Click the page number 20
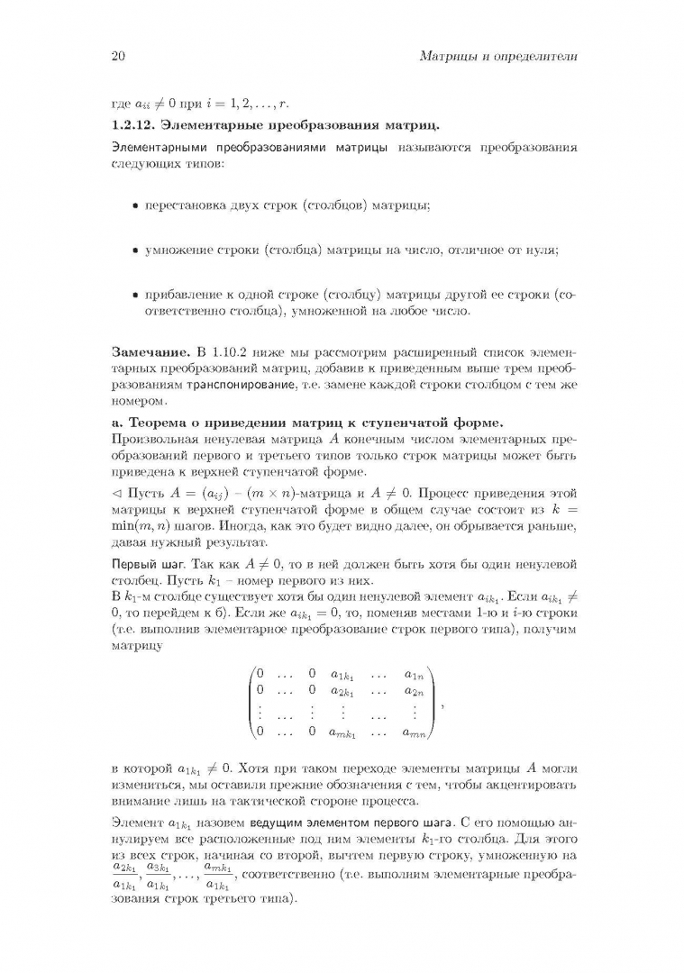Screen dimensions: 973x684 point(116,57)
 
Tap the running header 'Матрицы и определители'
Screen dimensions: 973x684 point(498,57)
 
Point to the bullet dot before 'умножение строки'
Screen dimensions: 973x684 point(135,252)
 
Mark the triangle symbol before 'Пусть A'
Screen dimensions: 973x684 point(115,494)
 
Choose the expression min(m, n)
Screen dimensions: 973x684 point(145,528)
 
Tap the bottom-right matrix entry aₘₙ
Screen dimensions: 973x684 point(414,732)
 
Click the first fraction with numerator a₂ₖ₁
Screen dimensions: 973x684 point(125,875)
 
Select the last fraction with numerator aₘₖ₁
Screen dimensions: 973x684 point(216,875)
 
